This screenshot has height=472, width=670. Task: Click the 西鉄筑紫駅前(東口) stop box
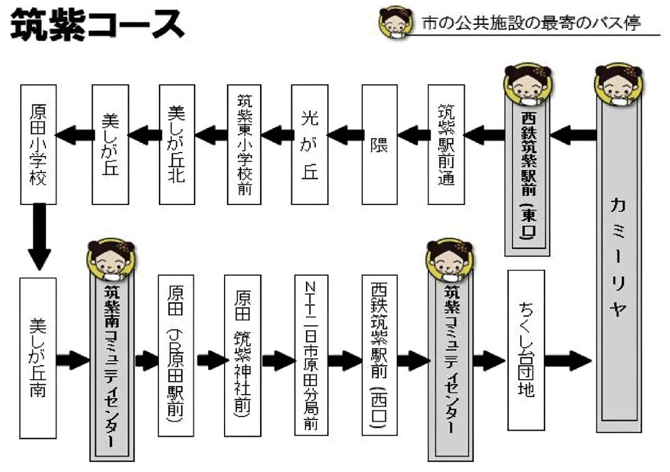click(x=527, y=170)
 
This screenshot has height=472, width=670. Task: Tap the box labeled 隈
click(x=379, y=144)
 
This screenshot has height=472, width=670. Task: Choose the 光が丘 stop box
click(x=310, y=144)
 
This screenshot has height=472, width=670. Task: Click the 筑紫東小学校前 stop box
click(x=243, y=144)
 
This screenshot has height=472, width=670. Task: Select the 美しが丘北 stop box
click(x=177, y=144)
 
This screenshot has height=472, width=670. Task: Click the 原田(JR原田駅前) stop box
click(x=176, y=354)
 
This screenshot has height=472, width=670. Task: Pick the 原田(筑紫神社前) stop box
click(x=242, y=354)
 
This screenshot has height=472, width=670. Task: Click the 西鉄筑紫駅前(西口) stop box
click(x=379, y=354)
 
